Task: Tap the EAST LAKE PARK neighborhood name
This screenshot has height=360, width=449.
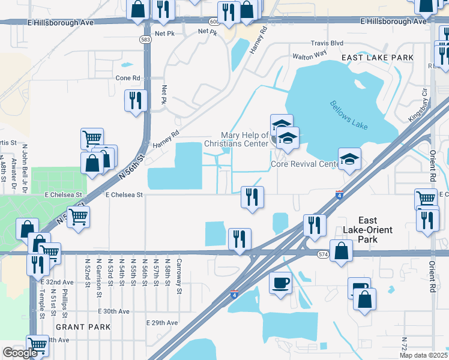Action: pos(378,58)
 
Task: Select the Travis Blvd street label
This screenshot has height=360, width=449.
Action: pos(327,43)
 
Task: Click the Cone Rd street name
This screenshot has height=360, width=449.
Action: pos(127,78)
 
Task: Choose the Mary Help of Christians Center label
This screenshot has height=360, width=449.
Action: pos(236,140)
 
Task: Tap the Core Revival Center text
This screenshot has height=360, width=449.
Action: pos(305,164)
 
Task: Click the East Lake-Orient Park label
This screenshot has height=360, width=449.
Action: pos(375,230)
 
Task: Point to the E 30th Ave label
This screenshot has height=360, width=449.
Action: pos(114,311)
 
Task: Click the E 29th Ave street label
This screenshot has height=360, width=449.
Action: pos(162,323)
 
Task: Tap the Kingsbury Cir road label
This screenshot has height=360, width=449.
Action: pos(419,106)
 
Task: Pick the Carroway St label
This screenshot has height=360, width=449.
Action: pos(179,275)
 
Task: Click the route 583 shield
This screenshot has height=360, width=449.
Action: pos(145,39)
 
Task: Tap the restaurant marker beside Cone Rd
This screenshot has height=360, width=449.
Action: pos(136,100)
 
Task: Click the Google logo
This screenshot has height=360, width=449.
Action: pos(20,353)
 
